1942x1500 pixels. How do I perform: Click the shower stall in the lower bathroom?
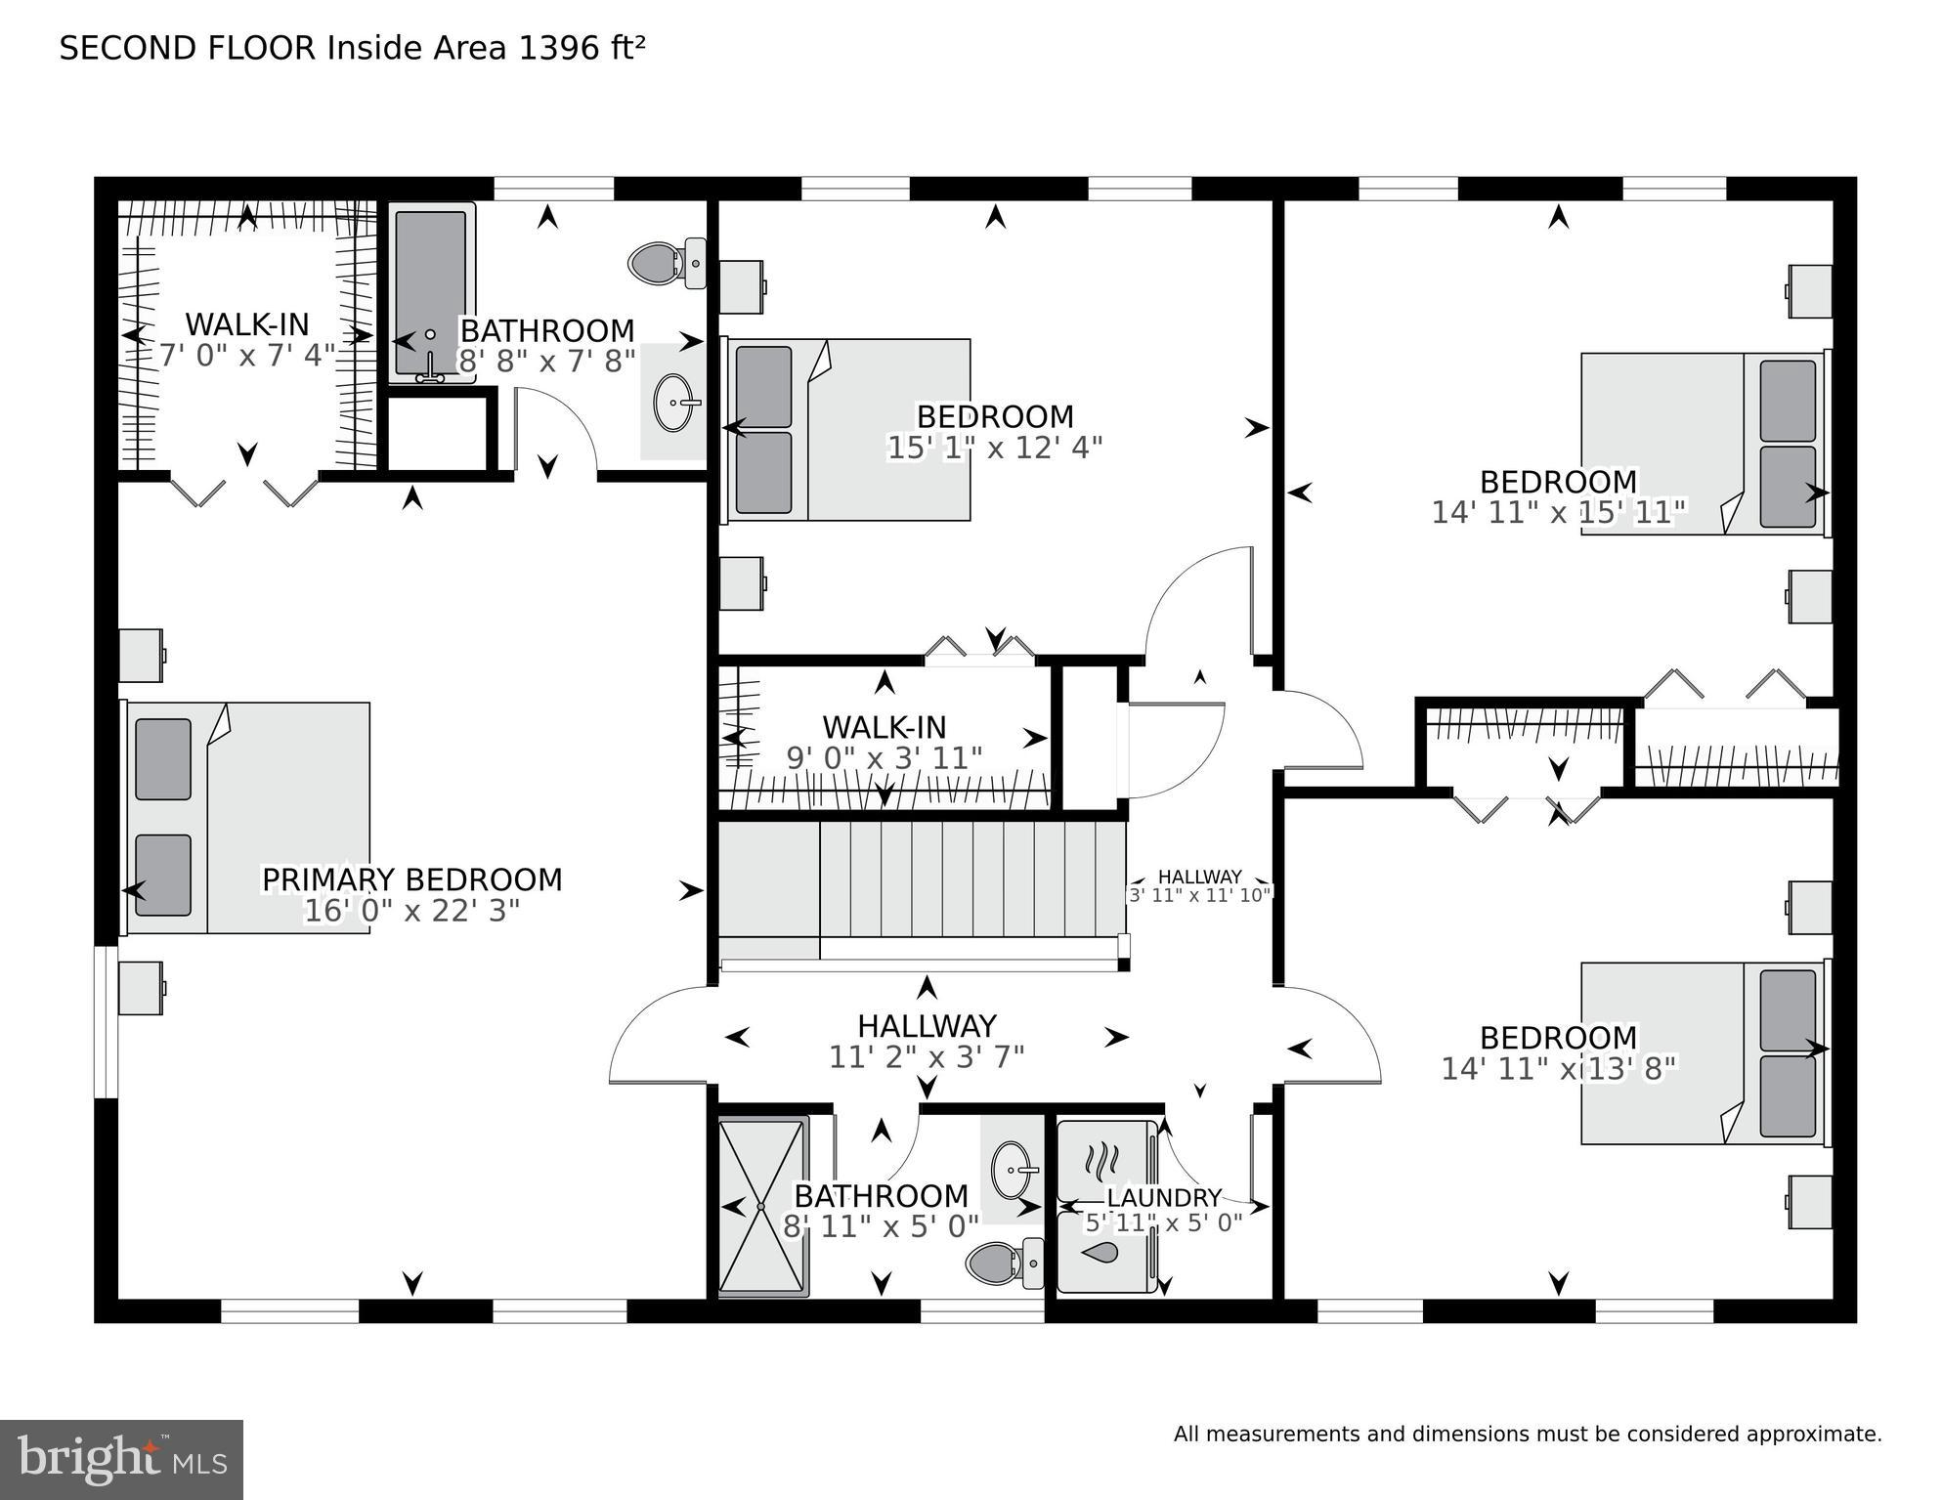762,1207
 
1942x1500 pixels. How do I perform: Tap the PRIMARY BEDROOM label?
411,879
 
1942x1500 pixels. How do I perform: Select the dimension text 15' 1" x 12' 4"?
994,448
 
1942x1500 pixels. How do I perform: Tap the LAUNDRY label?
1163,1197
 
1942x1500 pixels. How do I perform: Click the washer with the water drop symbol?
1103,1254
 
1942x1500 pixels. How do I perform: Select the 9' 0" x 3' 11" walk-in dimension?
884,758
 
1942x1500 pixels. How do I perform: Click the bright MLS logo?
121,1460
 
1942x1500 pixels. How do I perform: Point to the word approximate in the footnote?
1812,1435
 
